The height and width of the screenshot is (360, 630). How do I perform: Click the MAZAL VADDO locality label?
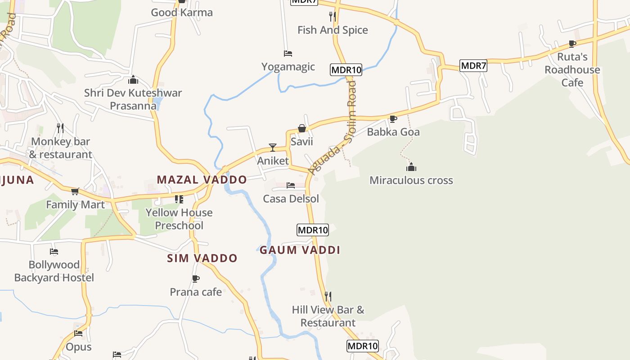[x=202, y=180]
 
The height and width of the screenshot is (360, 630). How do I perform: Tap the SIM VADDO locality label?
[x=202, y=258]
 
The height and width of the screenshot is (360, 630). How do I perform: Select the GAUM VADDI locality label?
[x=300, y=250]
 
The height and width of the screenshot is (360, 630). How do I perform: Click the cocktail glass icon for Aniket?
[x=272, y=147]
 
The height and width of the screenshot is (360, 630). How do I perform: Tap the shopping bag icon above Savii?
[x=302, y=129]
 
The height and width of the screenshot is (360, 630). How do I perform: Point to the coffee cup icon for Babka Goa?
[x=393, y=119]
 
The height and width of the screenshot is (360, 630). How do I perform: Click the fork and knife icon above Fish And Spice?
[x=333, y=17]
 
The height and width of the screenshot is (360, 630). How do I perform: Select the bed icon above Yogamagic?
[x=288, y=54]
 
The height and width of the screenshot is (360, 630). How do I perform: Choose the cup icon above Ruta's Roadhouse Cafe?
[x=572, y=44]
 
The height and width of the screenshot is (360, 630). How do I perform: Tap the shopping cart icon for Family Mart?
[x=75, y=191]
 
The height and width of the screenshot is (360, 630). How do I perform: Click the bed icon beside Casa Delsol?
[x=291, y=185]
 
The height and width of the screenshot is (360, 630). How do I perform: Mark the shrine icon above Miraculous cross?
[x=411, y=167]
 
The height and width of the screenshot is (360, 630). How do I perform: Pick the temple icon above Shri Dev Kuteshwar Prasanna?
[x=133, y=80]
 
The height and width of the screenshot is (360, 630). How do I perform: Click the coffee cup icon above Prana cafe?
[x=196, y=279]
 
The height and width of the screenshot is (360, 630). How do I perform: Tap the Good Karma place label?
[x=182, y=13]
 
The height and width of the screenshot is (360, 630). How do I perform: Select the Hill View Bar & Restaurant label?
[x=328, y=316]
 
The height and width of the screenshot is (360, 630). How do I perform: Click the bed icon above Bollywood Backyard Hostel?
[x=54, y=252]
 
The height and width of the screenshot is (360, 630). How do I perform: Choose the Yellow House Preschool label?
[x=179, y=219]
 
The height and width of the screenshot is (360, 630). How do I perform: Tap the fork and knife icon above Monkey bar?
[x=60, y=128]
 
